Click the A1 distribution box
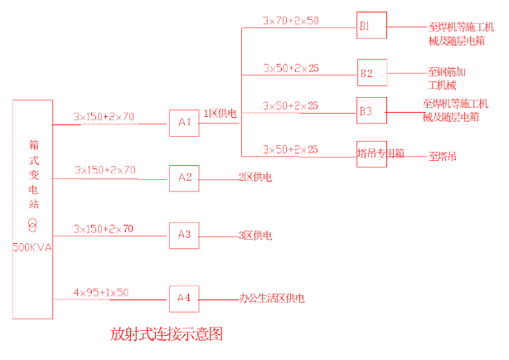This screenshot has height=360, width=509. coord(184,123)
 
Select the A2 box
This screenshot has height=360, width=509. coord(184,178)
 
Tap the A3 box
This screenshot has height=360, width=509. coord(184,236)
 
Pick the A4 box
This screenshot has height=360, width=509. coord(184,297)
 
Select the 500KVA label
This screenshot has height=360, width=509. coord(33,247)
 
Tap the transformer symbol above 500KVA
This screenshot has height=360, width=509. coord(33,226)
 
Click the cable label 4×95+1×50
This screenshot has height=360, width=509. coord(100,293)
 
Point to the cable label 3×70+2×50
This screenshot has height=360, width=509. coord(291,20)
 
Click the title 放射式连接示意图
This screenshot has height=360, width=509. coord(167,335)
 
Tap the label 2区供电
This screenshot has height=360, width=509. coord(255,178)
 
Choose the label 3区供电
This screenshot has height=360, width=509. coord(255,236)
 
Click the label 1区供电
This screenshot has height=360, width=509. coord(221,113)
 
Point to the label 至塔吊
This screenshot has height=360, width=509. coord(442,156)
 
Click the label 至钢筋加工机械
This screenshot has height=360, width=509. coord(446,79)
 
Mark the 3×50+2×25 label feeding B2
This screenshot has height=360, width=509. coord(291,68)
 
